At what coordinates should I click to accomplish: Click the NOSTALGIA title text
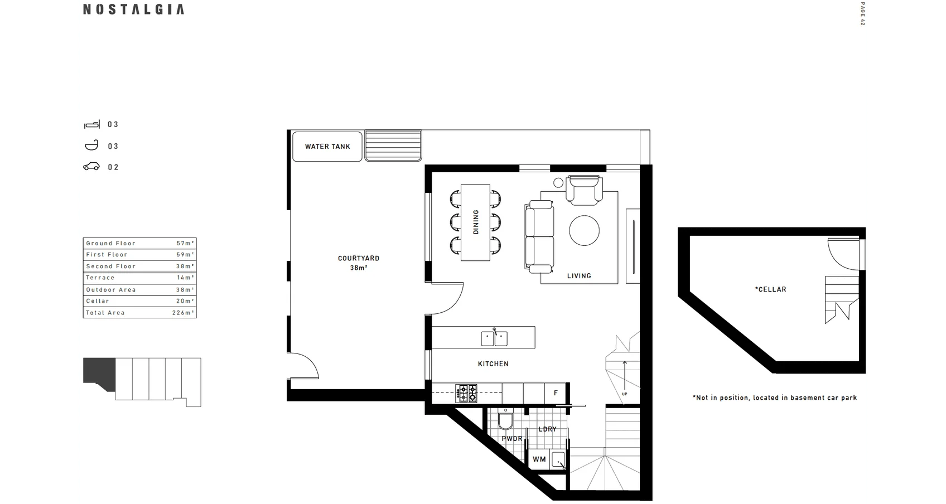(x=133, y=9)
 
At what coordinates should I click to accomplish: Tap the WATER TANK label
(x=327, y=147)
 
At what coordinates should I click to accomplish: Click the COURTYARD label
(x=358, y=259)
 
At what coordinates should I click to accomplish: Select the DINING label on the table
(x=475, y=222)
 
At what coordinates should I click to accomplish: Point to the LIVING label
(x=578, y=276)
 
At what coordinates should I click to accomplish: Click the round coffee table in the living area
(x=584, y=230)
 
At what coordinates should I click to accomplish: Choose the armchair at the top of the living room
(x=584, y=189)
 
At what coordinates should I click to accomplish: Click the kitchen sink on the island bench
(x=494, y=338)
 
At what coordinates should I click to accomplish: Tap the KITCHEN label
(x=493, y=364)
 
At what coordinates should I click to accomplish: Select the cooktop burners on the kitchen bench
(x=466, y=393)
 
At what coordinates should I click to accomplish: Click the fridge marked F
(x=556, y=393)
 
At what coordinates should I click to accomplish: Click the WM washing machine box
(x=539, y=459)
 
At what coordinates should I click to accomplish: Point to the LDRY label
(x=547, y=429)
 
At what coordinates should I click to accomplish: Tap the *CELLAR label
(x=770, y=289)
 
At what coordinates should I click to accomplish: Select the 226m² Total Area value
(x=183, y=313)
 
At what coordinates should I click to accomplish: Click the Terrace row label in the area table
(x=100, y=278)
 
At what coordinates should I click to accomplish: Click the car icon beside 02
(x=91, y=167)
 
